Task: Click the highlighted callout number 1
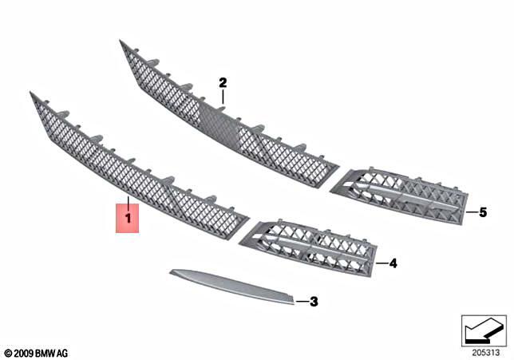point(128,216)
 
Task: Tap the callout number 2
point(223,82)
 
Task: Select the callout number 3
point(314,302)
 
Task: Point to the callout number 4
point(392,262)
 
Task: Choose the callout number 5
point(482,212)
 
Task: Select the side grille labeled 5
point(399,195)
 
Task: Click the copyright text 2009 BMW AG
point(36,352)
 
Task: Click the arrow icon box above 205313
point(484,330)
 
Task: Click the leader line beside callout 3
point(301,301)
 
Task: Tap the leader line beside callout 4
point(380,262)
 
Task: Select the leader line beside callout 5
point(470,212)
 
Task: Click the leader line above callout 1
point(128,198)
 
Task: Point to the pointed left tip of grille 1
point(32,95)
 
